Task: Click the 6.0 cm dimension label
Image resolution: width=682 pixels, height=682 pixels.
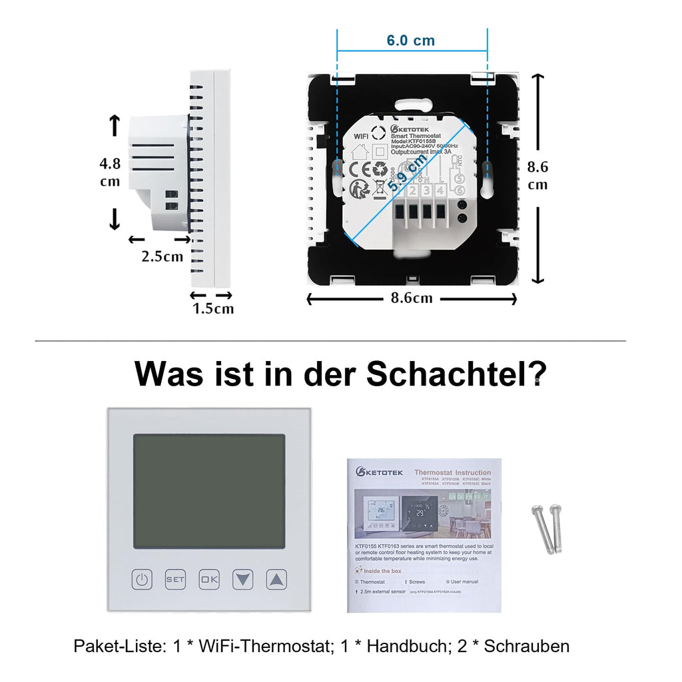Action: coord(410,41)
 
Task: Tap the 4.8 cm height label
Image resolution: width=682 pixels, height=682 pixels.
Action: coord(110,172)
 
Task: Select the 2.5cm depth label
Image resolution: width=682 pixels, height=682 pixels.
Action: coord(162,256)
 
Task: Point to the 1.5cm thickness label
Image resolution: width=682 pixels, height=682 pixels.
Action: coord(213,308)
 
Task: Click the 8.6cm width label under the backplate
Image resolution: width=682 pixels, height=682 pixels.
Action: coord(412,298)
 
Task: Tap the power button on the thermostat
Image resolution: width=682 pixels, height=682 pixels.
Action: coord(142,579)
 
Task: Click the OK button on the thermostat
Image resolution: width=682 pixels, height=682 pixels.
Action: coord(209,579)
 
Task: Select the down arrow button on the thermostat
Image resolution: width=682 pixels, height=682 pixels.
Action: coord(243,579)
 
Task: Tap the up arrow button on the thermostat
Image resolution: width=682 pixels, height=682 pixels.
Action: coord(276,579)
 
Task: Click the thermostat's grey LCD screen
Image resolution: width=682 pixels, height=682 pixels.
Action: coord(209,492)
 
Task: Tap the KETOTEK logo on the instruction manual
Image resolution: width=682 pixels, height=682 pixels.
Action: coord(382,472)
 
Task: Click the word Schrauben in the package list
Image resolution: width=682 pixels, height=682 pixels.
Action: coord(527,646)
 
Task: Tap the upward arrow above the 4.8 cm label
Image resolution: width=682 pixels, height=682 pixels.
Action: coord(114,125)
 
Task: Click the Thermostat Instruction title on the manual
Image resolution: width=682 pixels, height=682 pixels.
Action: coord(453,472)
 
